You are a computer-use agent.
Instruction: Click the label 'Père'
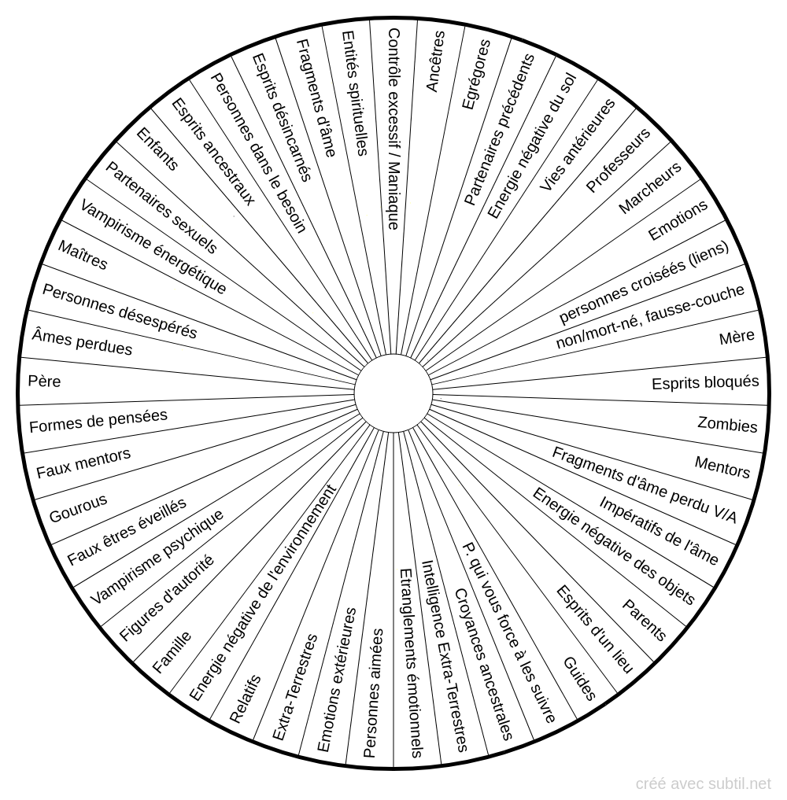point(44,382)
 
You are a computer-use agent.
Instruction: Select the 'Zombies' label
point(727,425)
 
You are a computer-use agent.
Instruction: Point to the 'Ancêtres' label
point(435,61)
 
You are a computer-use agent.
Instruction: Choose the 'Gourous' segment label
point(78,508)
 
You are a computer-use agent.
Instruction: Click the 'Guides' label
point(579,679)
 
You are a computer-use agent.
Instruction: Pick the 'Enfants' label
point(157,149)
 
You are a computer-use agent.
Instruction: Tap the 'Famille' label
point(172,651)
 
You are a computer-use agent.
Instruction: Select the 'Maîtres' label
point(83,255)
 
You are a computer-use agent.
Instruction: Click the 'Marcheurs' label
point(650,188)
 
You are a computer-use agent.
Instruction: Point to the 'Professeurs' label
point(618,160)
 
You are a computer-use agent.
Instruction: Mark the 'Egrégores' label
point(475,75)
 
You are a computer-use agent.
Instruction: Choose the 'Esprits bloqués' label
point(705,382)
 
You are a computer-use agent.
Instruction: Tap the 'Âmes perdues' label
point(82,342)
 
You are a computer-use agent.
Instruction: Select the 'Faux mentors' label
point(83,463)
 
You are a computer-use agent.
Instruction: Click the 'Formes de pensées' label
point(98,421)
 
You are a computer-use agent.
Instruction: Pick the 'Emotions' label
point(678,219)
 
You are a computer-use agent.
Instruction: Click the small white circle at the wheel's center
point(393,393)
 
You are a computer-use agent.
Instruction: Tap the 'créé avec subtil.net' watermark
point(704,783)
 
